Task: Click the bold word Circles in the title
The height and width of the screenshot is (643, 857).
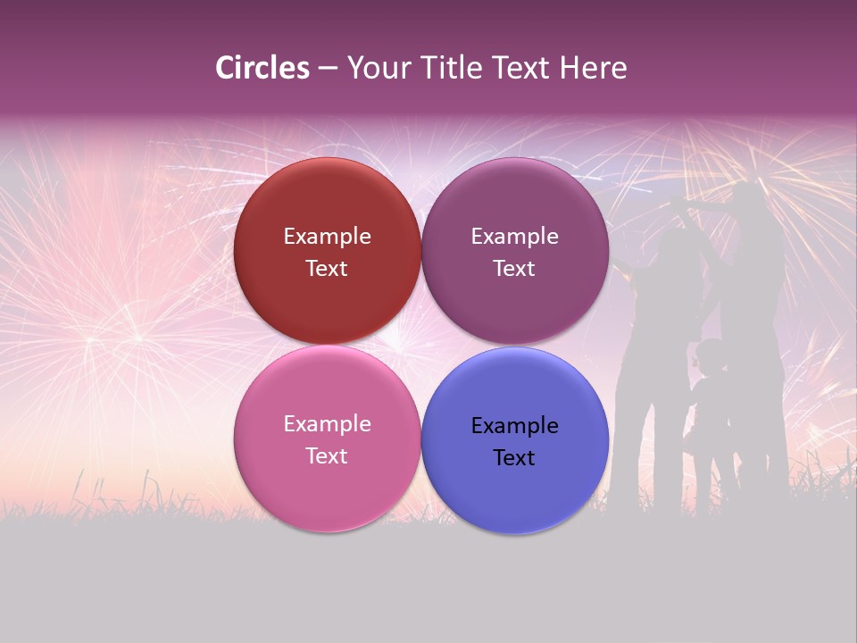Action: point(262,68)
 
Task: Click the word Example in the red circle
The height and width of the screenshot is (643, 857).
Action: point(327,237)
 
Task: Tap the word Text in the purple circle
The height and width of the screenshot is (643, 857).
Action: point(514,269)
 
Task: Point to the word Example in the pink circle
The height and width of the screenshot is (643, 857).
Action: point(327,424)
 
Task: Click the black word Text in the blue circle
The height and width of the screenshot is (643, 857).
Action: point(514,458)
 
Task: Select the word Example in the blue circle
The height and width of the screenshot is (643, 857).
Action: point(514,426)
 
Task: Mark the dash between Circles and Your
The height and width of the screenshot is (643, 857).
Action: point(328,69)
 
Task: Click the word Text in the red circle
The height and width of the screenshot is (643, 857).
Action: point(327,269)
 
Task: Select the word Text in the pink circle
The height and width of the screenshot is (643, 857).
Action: point(327,456)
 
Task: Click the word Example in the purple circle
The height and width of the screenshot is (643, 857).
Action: point(514,237)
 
